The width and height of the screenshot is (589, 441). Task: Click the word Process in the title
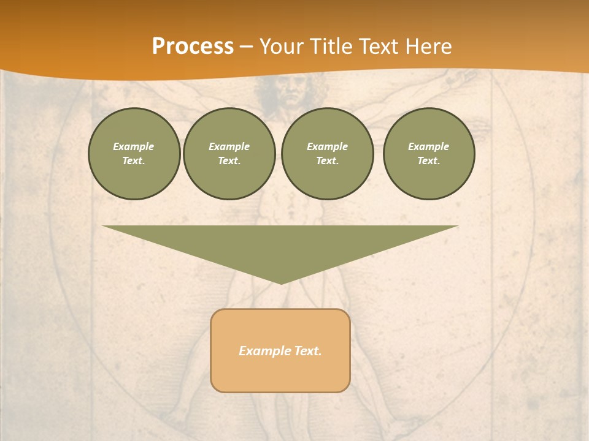pos(193,47)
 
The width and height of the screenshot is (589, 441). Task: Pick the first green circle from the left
pos(134,154)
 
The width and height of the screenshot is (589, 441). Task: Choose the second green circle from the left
pos(229,154)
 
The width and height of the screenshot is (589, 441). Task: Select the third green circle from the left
pos(328,154)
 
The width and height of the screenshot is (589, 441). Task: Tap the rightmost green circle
pos(429,154)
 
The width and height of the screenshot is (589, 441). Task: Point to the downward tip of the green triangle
pos(281,283)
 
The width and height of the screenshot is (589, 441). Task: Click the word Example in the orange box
pos(264,351)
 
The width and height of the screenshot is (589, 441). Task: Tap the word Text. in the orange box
pos(307,351)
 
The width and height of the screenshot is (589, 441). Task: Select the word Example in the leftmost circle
pos(134,146)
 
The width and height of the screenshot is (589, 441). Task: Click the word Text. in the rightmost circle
pos(429,161)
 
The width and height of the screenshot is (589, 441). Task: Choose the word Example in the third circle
pos(328,146)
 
